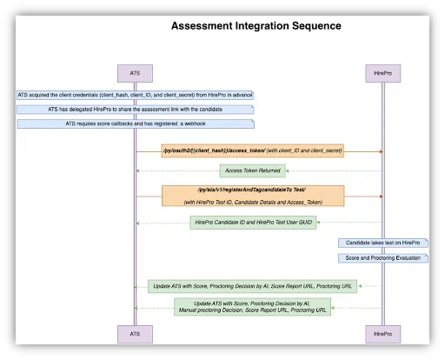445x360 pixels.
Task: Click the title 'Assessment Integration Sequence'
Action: [256, 26]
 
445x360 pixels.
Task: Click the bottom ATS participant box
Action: [135, 333]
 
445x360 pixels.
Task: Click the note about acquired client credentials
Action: [135, 94]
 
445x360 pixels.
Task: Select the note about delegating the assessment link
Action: [135, 109]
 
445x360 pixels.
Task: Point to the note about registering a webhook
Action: [135, 123]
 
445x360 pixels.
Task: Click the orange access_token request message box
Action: [253, 151]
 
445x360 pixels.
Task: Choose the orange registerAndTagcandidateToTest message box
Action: [253, 196]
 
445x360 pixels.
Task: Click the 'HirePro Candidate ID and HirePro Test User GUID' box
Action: [251, 223]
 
